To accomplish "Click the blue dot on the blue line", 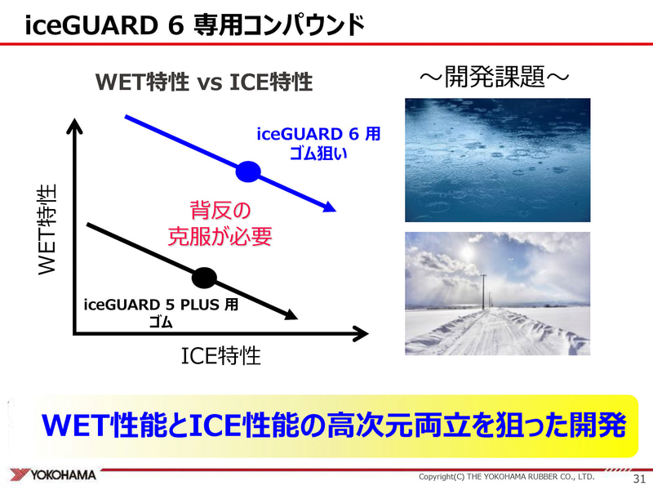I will pyautogui.click(x=247, y=171).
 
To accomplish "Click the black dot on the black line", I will pyautogui.click(x=204, y=278).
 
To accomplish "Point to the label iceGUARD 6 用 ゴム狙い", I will pyautogui.click(x=318, y=143).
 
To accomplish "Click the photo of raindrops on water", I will pyautogui.click(x=497, y=160).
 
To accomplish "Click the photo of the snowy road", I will pyautogui.click(x=497, y=293).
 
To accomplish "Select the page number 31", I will pyautogui.click(x=638, y=477).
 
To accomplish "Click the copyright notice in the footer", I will pyautogui.click(x=506, y=476).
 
